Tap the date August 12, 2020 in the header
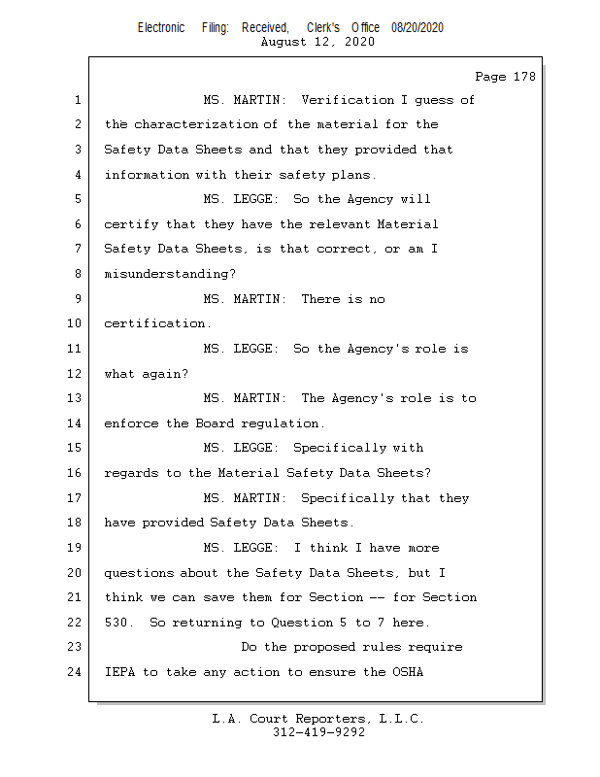318,42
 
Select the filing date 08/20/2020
417,27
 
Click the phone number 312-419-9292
318,733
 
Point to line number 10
78,323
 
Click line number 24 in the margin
78,672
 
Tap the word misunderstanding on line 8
167,274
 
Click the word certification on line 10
155,323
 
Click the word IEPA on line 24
119,672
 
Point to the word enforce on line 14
131,423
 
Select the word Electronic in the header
161,27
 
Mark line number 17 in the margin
78,498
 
